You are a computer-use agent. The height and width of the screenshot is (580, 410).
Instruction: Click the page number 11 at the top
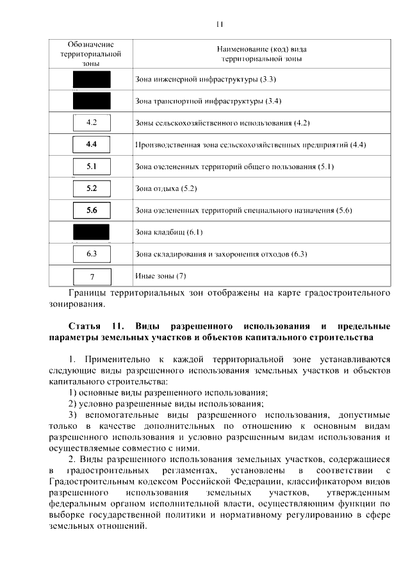(x=219, y=24)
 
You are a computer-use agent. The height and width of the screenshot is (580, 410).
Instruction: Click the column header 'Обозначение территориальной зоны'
(x=90, y=54)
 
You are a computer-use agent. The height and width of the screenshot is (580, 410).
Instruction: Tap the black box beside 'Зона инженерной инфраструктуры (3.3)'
(x=91, y=79)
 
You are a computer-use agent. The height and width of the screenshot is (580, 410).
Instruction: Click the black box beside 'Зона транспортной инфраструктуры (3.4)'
(x=91, y=101)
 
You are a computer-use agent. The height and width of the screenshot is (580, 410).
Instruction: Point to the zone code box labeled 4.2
(x=91, y=122)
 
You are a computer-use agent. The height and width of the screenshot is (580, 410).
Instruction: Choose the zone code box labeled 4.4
(x=91, y=144)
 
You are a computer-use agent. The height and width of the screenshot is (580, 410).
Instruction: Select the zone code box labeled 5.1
(x=91, y=167)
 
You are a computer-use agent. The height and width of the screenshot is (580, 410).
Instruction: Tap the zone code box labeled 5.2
(x=91, y=188)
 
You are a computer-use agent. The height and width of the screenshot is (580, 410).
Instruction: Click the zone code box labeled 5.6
(x=91, y=210)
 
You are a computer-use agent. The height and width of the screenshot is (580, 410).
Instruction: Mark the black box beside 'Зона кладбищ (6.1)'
(x=91, y=232)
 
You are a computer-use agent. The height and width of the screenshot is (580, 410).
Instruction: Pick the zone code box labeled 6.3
(x=91, y=254)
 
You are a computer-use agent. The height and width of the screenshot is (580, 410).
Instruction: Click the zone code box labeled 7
(x=92, y=277)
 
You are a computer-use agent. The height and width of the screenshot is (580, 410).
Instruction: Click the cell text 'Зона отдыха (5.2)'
(x=166, y=189)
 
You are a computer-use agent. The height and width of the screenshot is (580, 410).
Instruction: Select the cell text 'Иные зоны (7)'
(x=161, y=276)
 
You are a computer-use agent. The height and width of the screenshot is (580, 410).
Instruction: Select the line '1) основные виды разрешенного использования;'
(x=168, y=392)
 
